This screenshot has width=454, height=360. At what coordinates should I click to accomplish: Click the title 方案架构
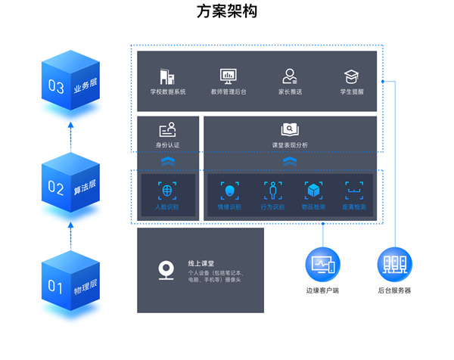point(226,12)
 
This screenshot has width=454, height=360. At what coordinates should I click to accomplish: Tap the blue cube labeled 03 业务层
point(70,85)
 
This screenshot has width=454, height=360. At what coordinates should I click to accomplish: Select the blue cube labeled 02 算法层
point(70,184)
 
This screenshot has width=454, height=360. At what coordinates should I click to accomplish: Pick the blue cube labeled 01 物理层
point(70,284)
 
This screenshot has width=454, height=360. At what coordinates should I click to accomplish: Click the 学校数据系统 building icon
point(167,76)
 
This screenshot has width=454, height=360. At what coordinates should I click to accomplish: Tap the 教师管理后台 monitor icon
point(228,76)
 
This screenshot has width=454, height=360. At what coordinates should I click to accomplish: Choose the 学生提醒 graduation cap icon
point(351,76)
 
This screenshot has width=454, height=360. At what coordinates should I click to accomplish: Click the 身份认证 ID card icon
point(167,129)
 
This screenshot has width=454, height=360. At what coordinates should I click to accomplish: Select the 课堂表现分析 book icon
point(290,129)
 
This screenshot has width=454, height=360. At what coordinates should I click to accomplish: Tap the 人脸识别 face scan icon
point(167,190)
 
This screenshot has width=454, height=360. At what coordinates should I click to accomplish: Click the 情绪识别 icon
point(229,190)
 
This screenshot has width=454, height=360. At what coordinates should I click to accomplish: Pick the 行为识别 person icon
point(272,190)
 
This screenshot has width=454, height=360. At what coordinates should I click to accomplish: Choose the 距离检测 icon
point(353,190)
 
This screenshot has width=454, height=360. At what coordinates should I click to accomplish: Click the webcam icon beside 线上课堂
point(167,270)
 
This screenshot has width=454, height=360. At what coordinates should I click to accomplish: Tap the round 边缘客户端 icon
point(322,264)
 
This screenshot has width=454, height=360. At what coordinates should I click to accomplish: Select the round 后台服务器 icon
point(393,264)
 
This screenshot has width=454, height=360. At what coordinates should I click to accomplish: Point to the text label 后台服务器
point(393,290)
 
